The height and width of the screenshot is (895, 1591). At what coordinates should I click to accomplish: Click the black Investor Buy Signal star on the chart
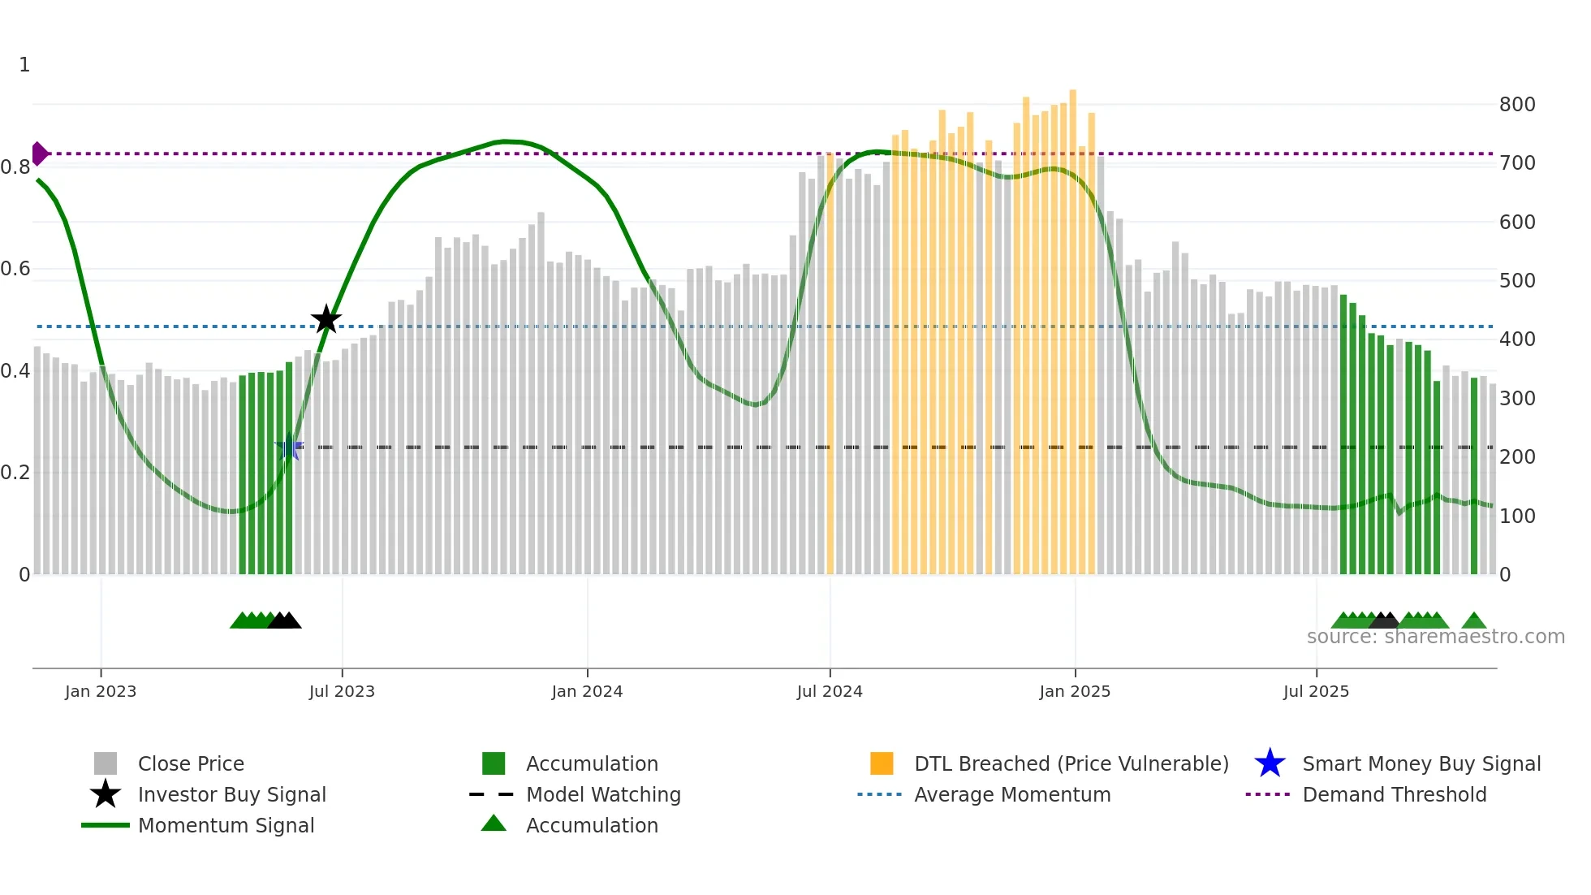tap(326, 319)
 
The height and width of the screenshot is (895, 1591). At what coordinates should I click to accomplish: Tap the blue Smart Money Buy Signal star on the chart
tap(289, 447)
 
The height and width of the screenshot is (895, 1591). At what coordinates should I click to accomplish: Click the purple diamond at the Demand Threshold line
tap(39, 153)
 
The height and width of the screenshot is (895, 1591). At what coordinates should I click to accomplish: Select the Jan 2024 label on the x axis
tap(587, 692)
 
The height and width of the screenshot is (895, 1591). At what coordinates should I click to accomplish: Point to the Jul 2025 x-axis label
tap(1316, 692)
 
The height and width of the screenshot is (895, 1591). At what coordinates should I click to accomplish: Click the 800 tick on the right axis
tap(1517, 105)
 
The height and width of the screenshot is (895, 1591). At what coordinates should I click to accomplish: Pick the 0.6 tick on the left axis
tap(16, 269)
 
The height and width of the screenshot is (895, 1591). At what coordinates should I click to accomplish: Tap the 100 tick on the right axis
tap(1517, 517)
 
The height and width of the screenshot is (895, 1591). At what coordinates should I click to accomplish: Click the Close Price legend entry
tap(191, 764)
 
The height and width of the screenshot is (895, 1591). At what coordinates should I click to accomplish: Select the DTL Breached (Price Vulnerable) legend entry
tap(1071, 764)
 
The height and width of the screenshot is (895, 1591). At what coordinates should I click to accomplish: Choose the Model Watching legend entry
tap(603, 795)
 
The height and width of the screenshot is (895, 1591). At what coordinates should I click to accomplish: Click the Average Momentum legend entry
tap(1012, 795)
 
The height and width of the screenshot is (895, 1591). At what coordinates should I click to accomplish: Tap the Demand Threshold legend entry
tap(1394, 795)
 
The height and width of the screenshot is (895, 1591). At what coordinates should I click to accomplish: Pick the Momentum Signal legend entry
tap(226, 826)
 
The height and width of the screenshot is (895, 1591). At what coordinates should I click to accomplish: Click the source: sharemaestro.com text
tap(1435, 637)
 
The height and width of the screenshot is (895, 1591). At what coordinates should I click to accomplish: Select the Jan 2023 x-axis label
tap(101, 692)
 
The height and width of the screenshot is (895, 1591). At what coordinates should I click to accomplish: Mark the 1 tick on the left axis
tap(24, 65)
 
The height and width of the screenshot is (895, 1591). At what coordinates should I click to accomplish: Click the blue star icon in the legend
tap(1270, 764)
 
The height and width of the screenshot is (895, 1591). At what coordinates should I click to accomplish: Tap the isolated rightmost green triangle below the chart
tap(1474, 621)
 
